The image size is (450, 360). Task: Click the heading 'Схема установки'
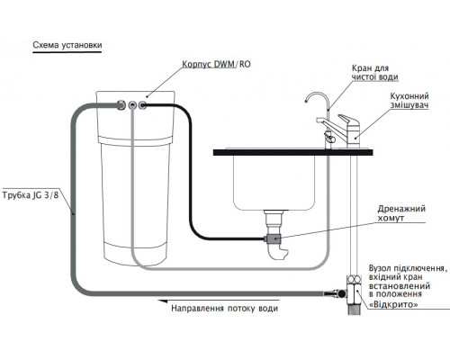[x=67, y=45]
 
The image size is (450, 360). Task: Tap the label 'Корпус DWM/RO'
[x=216, y=64]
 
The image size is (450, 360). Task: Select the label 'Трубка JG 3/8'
[x=31, y=195]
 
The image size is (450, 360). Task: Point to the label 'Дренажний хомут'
[x=401, y=213]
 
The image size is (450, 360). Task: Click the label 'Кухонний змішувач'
[x=409, y=101]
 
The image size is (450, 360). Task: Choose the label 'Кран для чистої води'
[x=375, y=72]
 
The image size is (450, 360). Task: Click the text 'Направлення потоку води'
[x=224, y=309]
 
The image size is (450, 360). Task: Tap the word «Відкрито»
[x=393, y=305]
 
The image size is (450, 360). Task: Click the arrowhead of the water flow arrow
[x=162, y=301]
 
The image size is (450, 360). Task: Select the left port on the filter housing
[x=121, y=105]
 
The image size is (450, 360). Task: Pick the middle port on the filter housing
[x=132, y=105]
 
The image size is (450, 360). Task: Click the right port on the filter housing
[x=143, y=105]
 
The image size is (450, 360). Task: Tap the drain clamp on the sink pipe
[x=273, y=238]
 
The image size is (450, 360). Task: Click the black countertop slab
[x=292, y=152]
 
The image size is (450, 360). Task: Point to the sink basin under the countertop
[x=274, y=183]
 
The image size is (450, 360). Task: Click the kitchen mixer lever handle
[x=348, y=120]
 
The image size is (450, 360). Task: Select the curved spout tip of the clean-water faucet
[x=306, y=101]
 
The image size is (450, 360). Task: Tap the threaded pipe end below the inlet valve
[x=355, y=310]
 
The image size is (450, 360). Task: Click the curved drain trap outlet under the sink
[x=277, y=252]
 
